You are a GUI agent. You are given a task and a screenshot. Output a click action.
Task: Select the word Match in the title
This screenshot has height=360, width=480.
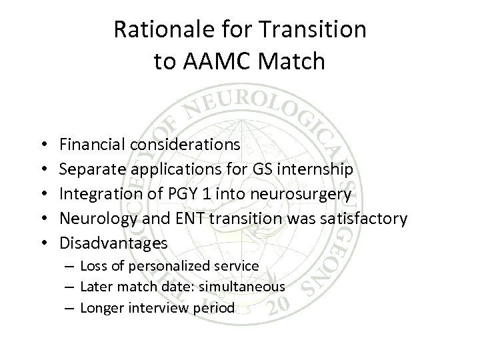(x=291, y=61)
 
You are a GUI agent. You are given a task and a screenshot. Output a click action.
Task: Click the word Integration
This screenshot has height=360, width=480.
(x=97, y=193)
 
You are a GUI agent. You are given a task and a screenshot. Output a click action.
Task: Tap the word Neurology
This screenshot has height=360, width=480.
(x=94, y=219)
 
